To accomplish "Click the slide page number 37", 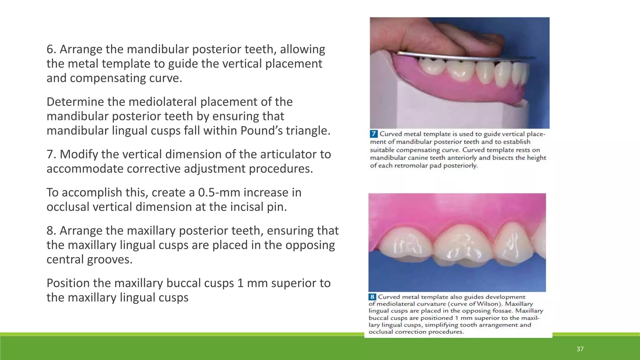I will (x=580, y=349).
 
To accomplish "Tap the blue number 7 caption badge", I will (x=374, y=134).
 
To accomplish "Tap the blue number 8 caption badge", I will (x=372, y=297).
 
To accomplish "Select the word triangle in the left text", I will (x=307, y=131).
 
